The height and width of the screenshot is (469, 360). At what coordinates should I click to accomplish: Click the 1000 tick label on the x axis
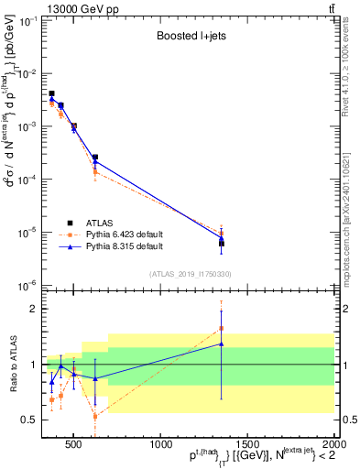click(160, 446)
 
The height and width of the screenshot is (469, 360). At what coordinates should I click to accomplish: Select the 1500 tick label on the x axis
click(247, 446)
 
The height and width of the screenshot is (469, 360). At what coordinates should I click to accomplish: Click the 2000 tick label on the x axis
click(333, 446)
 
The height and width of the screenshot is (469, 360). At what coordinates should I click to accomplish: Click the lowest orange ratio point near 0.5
click(95, 416)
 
